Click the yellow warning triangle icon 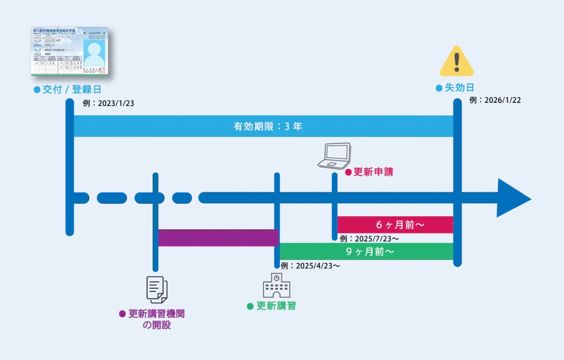(457, 62)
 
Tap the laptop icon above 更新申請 (334, 156)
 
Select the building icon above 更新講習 (276, 285)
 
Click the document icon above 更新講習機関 (157, 289)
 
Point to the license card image (69, 51)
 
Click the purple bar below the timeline (218, 238)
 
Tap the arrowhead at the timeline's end (513, 198)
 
